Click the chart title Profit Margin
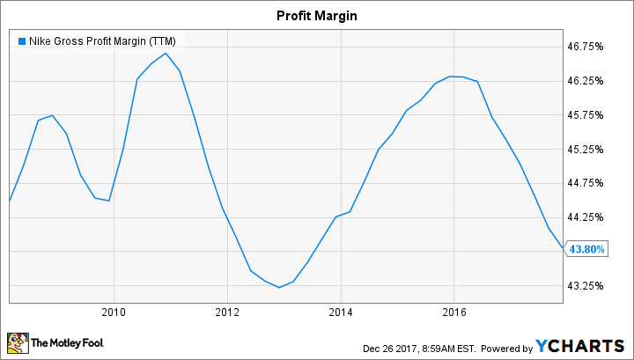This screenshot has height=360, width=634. coord(317,15)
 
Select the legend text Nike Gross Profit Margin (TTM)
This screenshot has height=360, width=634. coord(102,40)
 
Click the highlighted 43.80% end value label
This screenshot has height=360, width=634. coord(586,249)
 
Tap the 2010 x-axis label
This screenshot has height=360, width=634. coord(114,311)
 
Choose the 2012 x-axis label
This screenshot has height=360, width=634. coord(227,311)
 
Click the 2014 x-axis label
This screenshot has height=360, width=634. coord(341,311)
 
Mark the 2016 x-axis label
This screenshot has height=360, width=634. coord(454,311)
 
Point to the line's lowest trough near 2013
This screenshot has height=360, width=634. coord(279,287)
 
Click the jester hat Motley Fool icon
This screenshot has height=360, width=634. coord(17,342)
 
